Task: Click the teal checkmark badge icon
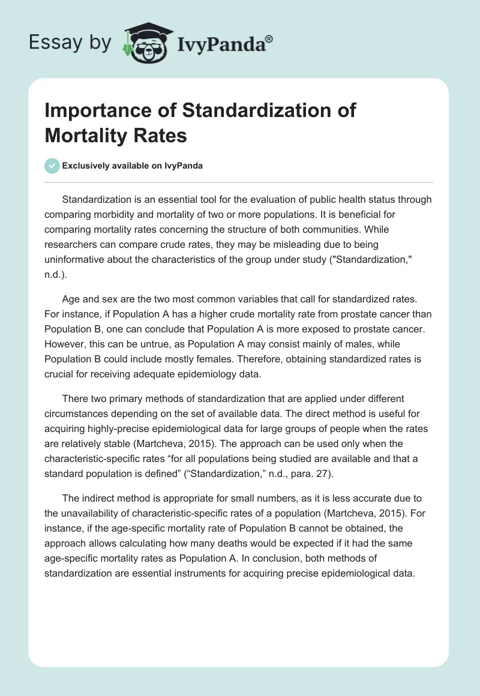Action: point(52,166)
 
